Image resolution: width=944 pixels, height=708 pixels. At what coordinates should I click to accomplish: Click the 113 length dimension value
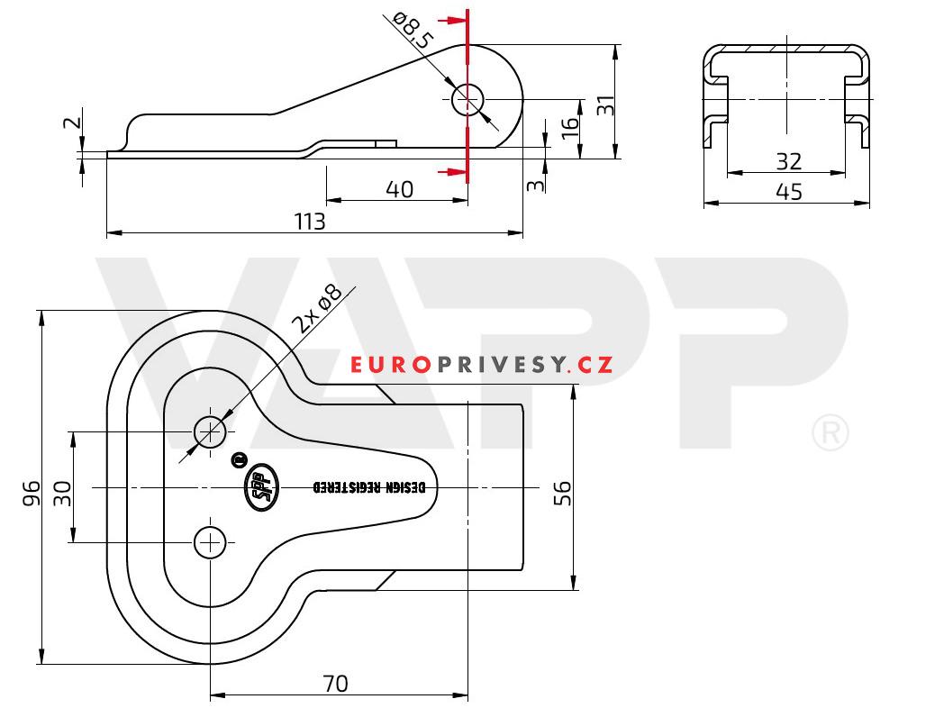click(x=309, y=222)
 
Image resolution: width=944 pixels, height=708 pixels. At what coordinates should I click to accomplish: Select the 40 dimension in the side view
click(x=399, y=189)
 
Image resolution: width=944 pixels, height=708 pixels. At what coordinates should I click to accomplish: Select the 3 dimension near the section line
click(x=534, y=186)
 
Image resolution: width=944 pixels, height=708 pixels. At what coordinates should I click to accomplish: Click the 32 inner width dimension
click(x=788, y=161)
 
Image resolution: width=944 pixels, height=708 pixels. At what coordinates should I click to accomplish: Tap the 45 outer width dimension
click(x=788, y=192)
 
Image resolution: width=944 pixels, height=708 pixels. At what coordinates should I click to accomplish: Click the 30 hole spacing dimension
click(x=62, y=492)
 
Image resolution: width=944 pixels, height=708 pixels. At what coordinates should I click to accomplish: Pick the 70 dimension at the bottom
click(x=334, y=684)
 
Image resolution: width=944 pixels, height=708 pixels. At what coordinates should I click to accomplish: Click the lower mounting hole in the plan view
click(x=210, y=542)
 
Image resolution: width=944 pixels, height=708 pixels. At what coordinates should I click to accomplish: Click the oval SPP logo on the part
click(x=259, y=487)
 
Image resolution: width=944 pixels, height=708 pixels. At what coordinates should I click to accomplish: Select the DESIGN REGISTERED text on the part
click(x=368, y=487)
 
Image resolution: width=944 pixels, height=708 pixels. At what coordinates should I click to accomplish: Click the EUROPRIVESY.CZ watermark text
click(x=482, y=365)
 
